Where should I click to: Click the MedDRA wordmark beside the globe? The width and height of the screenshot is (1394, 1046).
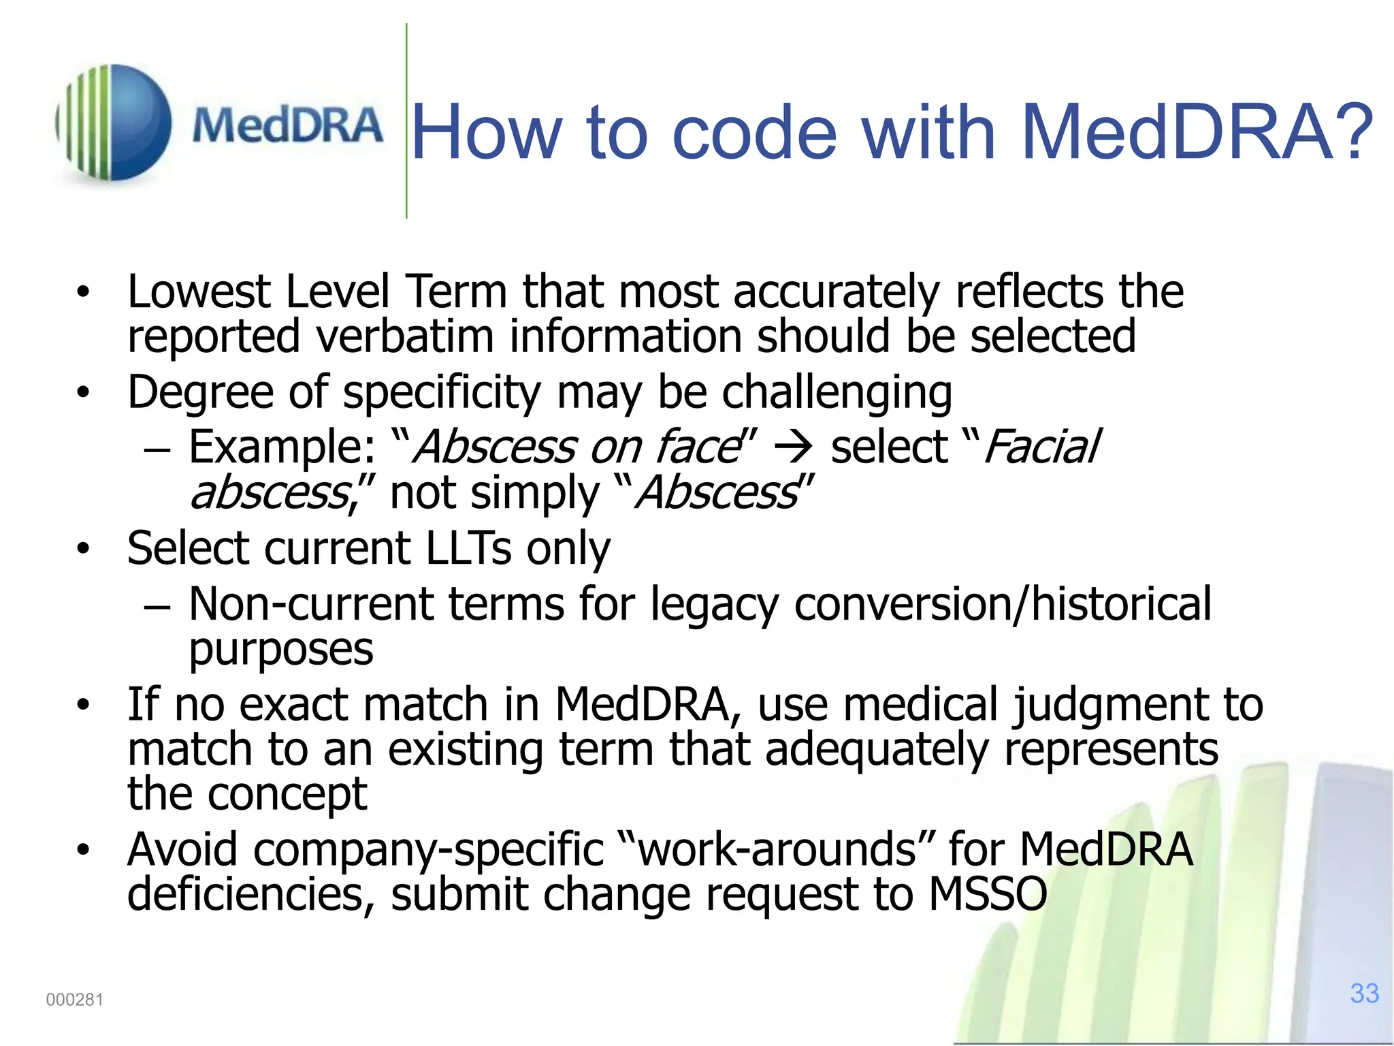tap(287, 126)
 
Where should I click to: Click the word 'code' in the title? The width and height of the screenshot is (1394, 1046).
tap(754, 132)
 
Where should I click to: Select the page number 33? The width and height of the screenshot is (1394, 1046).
tap(1364, 994)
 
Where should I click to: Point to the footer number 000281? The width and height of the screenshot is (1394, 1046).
tap(74, 1000)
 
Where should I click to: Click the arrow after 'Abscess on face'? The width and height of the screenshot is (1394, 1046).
tap(794, 448)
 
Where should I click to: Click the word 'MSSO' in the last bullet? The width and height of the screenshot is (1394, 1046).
tap(988, 894)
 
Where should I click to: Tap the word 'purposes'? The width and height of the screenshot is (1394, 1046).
tap(280, 650)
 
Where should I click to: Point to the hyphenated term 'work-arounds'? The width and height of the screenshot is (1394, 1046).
tap(777, 850)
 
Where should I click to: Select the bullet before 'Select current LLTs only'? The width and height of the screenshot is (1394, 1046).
tap(83, 548)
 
